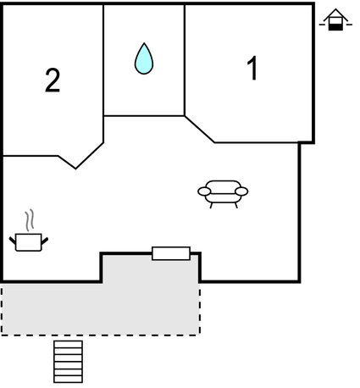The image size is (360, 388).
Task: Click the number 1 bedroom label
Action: tap(252, 68)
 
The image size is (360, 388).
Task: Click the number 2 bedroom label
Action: tap(53, 80)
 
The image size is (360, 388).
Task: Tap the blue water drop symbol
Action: tap(144, 58)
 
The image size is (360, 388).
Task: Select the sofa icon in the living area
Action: tap(223, 194)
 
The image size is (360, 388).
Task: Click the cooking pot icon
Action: tap(29, 242)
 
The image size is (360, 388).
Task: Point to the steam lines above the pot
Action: tap(30, 220)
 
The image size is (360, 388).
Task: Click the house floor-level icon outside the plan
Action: tap(335, 19)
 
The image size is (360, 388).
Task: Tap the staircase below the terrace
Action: tap(69, 362)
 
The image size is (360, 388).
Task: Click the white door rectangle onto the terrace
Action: tap(171, 253)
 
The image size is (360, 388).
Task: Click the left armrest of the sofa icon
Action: tap(204, 191)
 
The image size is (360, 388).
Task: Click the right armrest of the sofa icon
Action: tap(241, 191)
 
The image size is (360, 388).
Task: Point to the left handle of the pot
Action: tap(13, 241)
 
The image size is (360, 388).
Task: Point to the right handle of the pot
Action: tap(45, 241)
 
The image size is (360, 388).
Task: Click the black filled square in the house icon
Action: tap(335, 27)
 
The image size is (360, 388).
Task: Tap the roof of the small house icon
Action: tap(335, 14)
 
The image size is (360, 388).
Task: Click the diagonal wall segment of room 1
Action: tap(200, 130)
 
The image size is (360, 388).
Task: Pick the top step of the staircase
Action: tap(69, 344)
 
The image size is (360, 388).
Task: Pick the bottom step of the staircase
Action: tap(69, 380)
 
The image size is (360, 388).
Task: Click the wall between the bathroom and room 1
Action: tap(185, 60)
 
